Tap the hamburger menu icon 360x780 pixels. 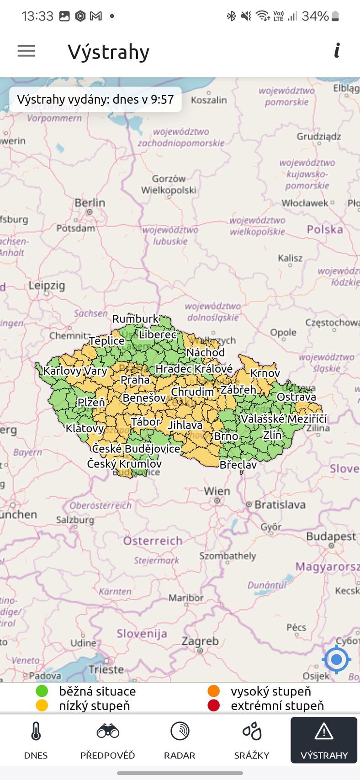tap(26, 51)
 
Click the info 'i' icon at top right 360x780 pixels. tap(337, 50)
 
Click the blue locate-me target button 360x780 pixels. tap(337, 659)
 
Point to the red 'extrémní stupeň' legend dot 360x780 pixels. tap(213, 706)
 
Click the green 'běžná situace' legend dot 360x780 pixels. tap(42, 691)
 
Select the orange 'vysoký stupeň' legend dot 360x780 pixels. tap(213, 691)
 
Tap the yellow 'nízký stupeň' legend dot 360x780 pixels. tap(42, 706)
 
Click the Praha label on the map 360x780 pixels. tap(135, 380)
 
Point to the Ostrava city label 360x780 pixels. tap(296, 397)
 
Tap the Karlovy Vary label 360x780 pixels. tap(75, 371)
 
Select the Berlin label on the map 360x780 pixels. tap(90, 203)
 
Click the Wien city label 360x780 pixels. tap(217, 491)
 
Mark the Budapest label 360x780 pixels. tap(331, 536)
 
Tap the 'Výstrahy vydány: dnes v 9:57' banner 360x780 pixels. tap(95, 99)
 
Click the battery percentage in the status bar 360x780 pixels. tap(315, 16)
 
